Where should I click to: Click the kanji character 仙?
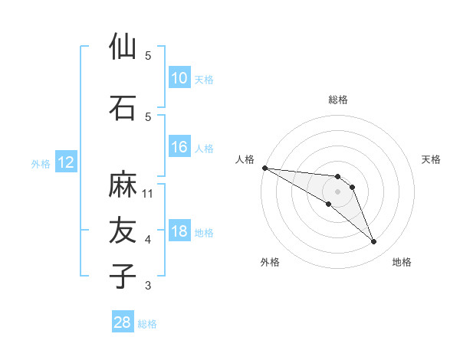pyautogui.click(x=123, y=47)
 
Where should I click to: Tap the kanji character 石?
pyautogui.click(x=123, y=108)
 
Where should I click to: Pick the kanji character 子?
pyautogui.click(x=123, y=276)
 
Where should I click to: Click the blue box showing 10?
pyautogui.click(x=179, y=78)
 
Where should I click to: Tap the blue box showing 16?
pyautogui.click(x=179, y=147)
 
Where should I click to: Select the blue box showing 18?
pyautogui.click(x=179, y=232)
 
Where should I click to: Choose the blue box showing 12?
pyautogui.click(x=66, y=162)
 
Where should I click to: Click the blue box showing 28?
pyautogui.click(x=123, y=322)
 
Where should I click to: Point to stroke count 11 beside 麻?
pyautogui.click(x=149, y=194)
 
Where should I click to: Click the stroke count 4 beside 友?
pyautogui.click(x=148, y=240)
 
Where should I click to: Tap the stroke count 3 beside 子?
pyautogui.click(x=148, y=286)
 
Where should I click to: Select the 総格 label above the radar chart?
pyautogui.click(x=338, y=100)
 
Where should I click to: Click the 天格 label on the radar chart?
pyautogui.click(x=432, y=159)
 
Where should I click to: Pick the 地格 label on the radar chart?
pyautogui.click(x=402, y=262)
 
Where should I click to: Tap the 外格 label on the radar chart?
pyautogui.click(x=270, y=262)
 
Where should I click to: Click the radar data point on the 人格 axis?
pyautogui.click(x=264, y=168)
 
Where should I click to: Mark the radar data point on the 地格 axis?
pyautogui.click(x=374, y=242)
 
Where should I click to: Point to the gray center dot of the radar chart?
pyautogui.click(x=338, y=191)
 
